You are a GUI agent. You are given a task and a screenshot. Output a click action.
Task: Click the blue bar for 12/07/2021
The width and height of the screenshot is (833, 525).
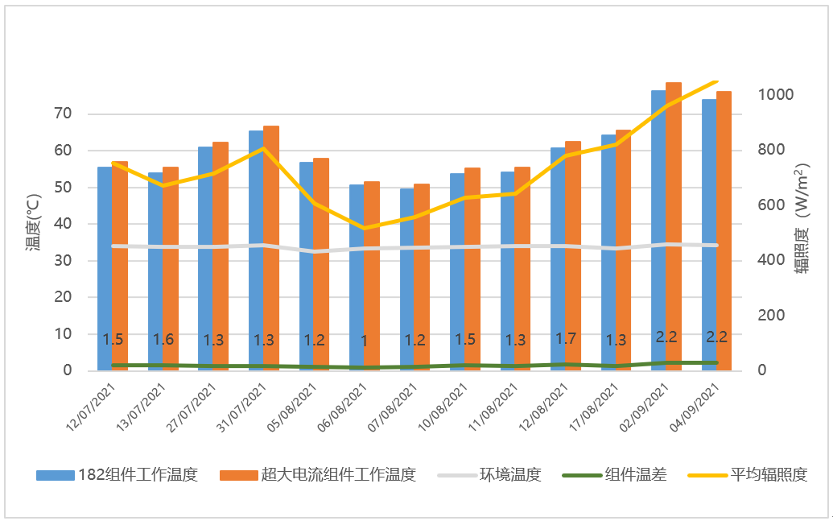click(x=105, y=266)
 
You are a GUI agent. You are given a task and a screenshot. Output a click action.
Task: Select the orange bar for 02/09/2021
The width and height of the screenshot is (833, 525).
click(x=674, y=225)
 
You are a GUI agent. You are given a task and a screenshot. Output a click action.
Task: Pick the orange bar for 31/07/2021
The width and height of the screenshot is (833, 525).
click(x=271, y=242)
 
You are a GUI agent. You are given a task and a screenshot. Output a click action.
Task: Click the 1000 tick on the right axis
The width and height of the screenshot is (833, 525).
click(x=777, y=95)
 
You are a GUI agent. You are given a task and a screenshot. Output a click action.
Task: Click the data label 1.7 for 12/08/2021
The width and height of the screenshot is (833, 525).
click(x=566, y=338)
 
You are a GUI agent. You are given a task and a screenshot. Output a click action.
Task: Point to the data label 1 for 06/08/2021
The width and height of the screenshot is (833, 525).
click(x=364, y=341)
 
